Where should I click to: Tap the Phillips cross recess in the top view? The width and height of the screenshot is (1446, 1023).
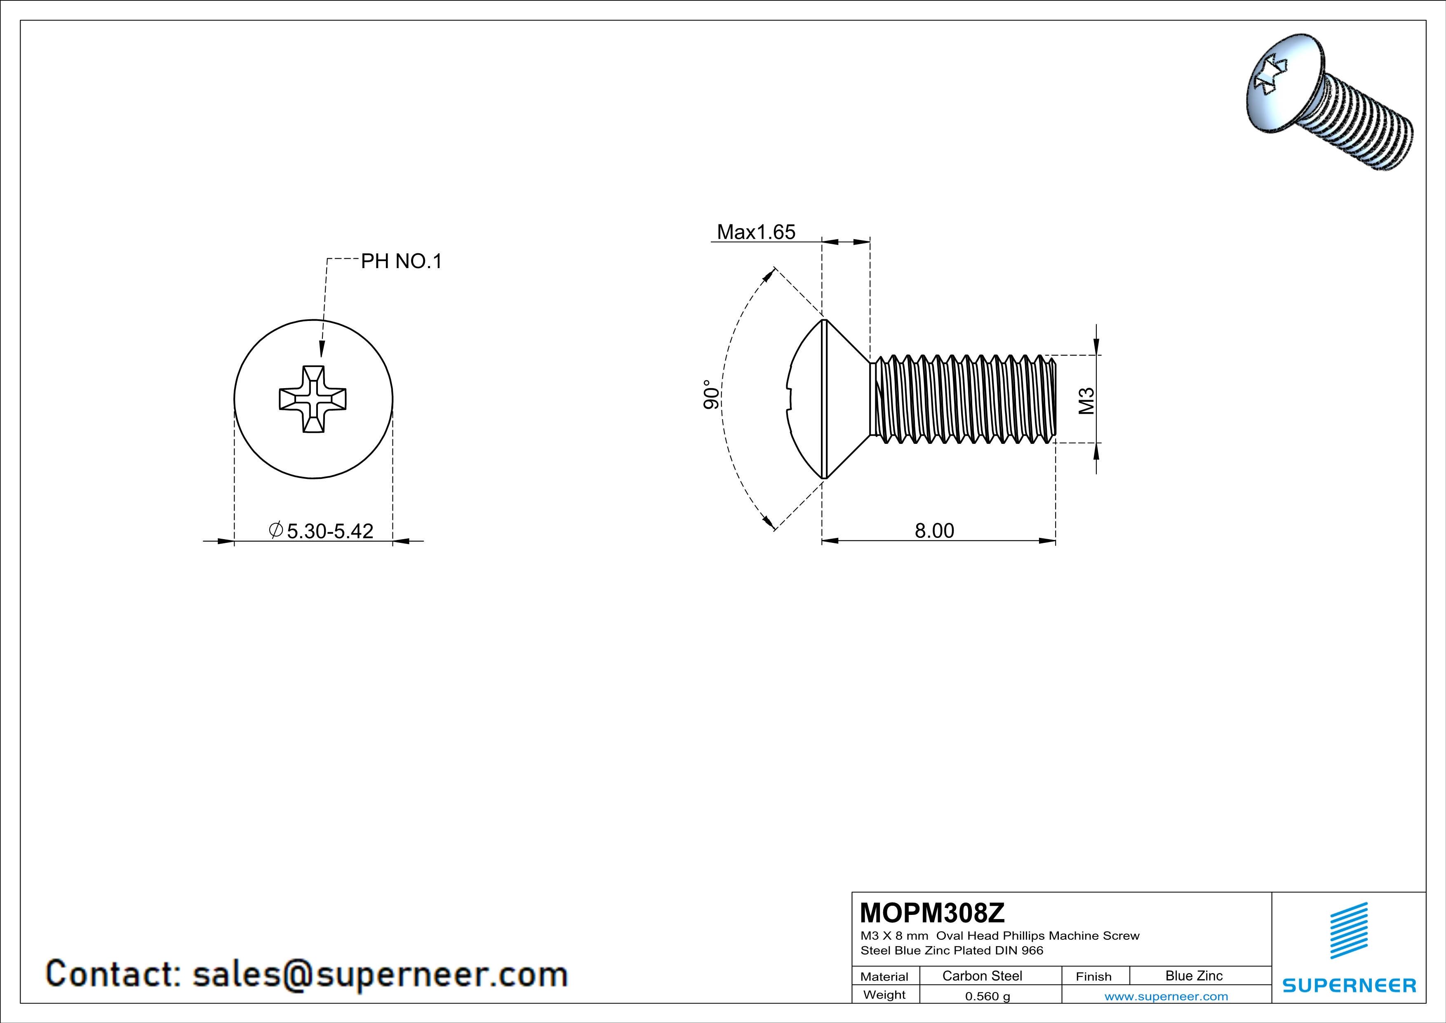coord(313,399)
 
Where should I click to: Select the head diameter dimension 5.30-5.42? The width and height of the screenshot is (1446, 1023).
coord(330,531)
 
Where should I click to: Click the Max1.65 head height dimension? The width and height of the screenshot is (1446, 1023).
coord(756,232)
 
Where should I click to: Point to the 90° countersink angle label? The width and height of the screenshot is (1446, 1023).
coord(711,394)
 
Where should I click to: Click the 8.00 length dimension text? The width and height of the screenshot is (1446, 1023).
coord(934,530)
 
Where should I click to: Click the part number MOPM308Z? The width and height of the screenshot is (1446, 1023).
coord(932,912)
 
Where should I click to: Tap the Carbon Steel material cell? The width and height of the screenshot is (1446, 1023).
coord(982,976)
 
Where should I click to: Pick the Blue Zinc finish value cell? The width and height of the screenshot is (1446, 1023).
coord(1193,976)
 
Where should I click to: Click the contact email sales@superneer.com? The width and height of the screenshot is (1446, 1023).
coord(380,974)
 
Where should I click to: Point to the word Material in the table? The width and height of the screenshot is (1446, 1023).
coord(884,976)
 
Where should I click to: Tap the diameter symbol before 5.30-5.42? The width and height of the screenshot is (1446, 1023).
coord(275,530)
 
